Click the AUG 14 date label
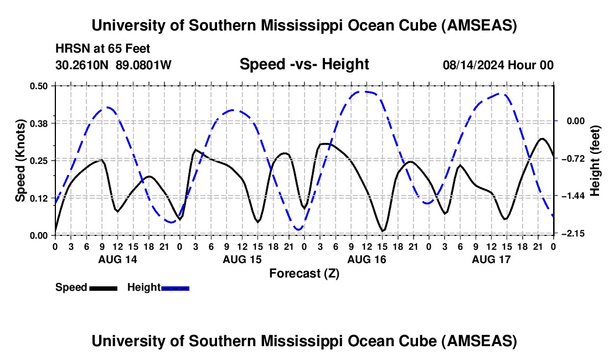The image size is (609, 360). (117, 259)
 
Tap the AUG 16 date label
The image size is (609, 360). (367, 259)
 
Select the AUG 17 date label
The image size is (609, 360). (491, 259)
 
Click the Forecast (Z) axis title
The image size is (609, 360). (304, 273)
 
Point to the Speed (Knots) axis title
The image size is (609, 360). (20, 160)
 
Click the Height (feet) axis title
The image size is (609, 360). (596, 160)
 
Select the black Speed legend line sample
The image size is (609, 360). (103, 287)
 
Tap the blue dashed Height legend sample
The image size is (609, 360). (175, 287)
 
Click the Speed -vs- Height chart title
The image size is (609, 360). (304, 64)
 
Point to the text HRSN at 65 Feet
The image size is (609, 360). (103, 49)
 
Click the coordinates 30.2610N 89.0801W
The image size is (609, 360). (113, 65)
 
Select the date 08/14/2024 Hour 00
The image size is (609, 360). (498, 65)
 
